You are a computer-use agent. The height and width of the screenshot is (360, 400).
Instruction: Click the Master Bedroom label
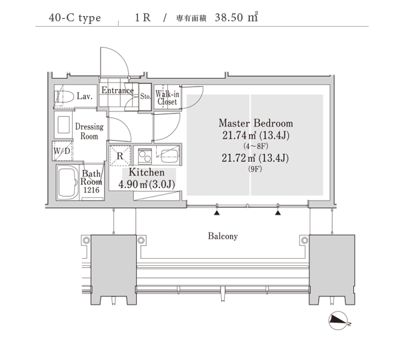tap(255, 123)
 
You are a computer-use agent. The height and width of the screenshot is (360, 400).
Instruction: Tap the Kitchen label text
tap(147, 172)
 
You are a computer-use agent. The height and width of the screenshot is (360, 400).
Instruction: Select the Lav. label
tap(85, 96)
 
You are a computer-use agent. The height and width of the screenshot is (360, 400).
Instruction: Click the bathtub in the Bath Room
tap(68, 183)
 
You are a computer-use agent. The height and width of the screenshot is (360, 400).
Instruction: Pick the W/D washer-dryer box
tap(62, 151)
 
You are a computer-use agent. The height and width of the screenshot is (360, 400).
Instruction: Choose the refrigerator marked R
tap(120, 155)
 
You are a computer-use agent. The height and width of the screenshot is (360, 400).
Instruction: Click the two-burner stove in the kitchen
tap(145, 156)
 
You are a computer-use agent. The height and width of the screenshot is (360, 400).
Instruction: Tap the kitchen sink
tap(169, 155)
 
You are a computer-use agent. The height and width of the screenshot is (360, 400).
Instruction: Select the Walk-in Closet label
tap(167, 98)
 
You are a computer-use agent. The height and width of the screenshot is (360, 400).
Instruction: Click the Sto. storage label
tap(145, 96)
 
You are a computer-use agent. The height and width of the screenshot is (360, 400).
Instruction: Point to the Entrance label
tap(117, 90)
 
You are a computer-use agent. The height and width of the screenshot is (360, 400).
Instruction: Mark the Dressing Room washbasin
tap(63, 124)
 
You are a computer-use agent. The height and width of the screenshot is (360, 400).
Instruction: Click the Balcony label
tap(223, 236)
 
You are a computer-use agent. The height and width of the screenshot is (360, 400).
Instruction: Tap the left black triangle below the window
tap(217, 213)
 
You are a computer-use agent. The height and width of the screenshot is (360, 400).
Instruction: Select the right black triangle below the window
tap(278, 213)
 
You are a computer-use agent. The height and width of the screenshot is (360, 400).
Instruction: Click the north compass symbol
tap(338, 321)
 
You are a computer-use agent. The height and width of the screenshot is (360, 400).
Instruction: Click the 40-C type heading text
tap(75, 18)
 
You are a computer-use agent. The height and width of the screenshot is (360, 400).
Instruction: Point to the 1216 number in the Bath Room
tap(91, 190)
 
